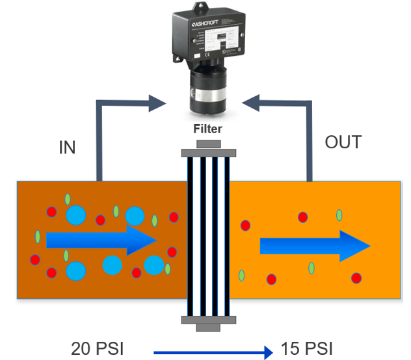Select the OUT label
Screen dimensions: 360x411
pyautogui.click(x=342, y=142)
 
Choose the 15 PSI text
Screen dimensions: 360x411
pyautogui.click(x=306, y=348)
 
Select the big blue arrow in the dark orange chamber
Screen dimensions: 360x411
pyautogui.click(x=101, y=241)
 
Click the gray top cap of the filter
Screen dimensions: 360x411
pyautogui.click(x=208, y=149)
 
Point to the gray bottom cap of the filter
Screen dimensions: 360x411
pyautogui.click(x=208, y=319)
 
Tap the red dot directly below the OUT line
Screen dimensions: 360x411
pyautogui.click(x=302, y=217)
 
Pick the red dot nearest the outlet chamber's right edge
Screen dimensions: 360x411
pyautogui.click(x=356, y=278)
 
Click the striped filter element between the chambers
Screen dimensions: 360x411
pyautogui.click(x=208, y=234)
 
